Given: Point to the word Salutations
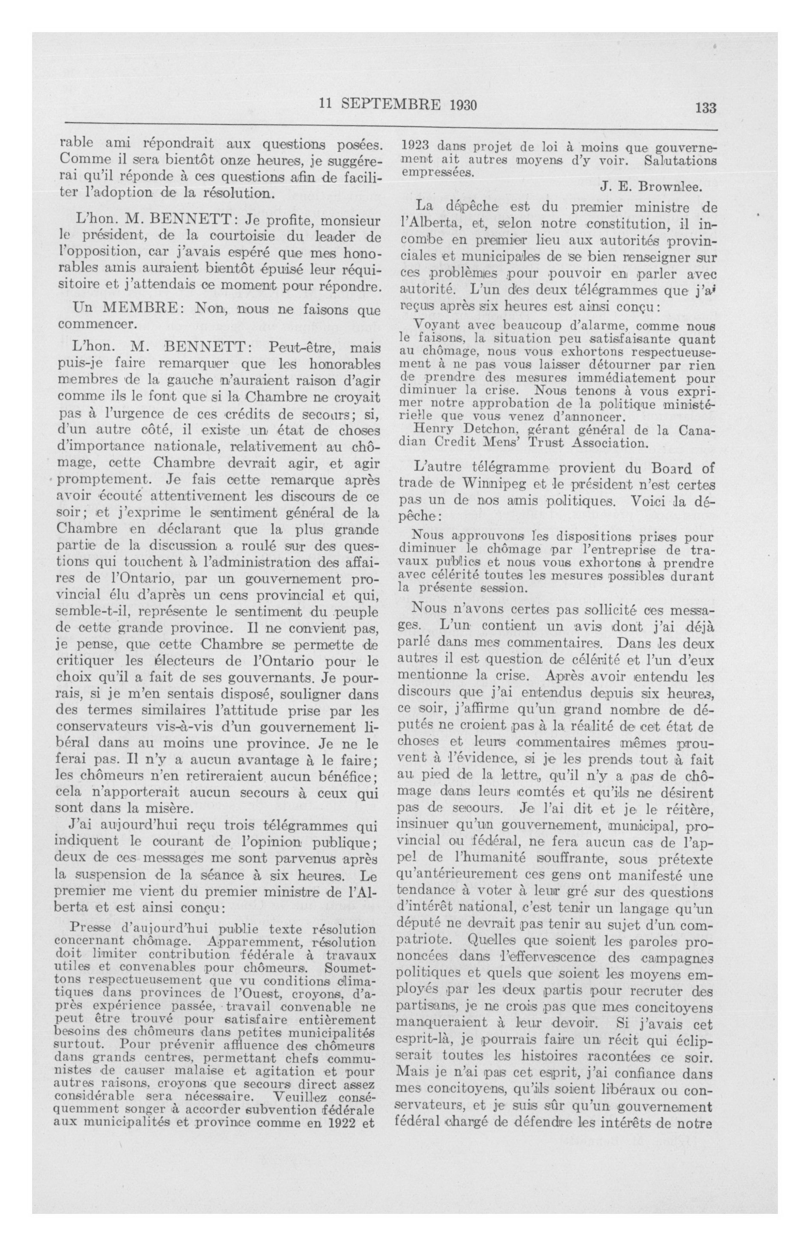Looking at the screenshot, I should click(x=681, y=161).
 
